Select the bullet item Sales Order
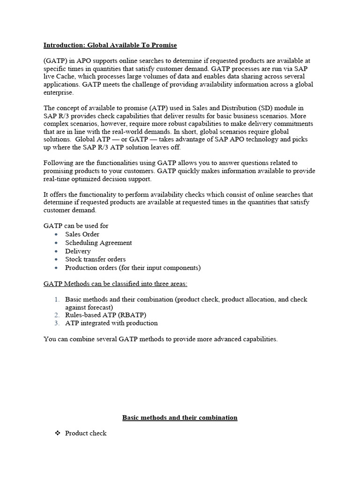(82, 234)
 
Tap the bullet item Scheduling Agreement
(98, 242)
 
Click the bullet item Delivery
(78, 251)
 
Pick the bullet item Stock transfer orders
(95, 259)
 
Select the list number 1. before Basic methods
(57, 299)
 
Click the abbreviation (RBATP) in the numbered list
(130, 315)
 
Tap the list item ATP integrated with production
(111, 323)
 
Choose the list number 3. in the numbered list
(57, 323)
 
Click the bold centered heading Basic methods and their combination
(180, 417)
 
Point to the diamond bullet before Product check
(58, 433)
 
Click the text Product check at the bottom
(86, 433)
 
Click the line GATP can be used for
(76, 225)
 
